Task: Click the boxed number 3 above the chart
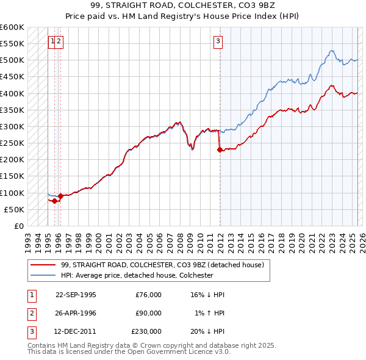[x=218, y=41]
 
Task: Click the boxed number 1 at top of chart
[x=54, y=41]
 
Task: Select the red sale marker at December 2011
[x=220, y=149]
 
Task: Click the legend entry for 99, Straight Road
[x=162, y=265]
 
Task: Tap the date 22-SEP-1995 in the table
[x=76, y=295]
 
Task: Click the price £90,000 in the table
[x=149, y=313]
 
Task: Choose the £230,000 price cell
[x=146, y=331]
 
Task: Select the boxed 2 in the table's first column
[x=30, y=313]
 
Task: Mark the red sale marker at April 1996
[x=60, y=196]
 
